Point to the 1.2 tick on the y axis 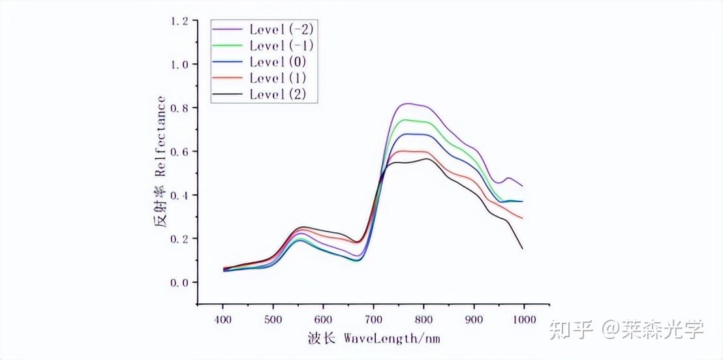tap(179, 21)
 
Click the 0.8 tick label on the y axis tap(179, 108)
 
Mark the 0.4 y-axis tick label tap(179, 196)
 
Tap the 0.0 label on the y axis tap(179, 282)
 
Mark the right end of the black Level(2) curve tap(523, 248)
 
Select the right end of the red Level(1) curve tap(523, 218)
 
